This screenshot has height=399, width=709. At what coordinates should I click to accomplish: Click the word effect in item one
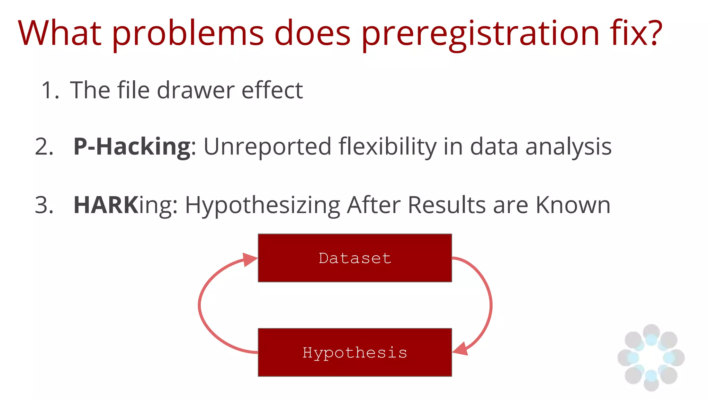tap(272, 90)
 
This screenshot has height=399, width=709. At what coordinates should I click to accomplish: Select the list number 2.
tap(44, 147)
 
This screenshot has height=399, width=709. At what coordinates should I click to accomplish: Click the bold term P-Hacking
tap(132, 147)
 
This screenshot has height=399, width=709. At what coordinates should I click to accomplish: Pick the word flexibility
tap(387, 147)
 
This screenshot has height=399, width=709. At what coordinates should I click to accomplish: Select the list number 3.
tap(44, 205)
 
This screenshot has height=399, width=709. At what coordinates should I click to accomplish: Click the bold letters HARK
tap(106, 205)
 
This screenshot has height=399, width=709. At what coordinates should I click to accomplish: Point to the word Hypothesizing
tap(262, 205)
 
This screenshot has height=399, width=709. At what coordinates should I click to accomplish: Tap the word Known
tap(573, 205)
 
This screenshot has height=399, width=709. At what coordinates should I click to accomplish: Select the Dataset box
tap(355, 258)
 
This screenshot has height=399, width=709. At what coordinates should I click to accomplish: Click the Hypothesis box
tap(355, 352)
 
